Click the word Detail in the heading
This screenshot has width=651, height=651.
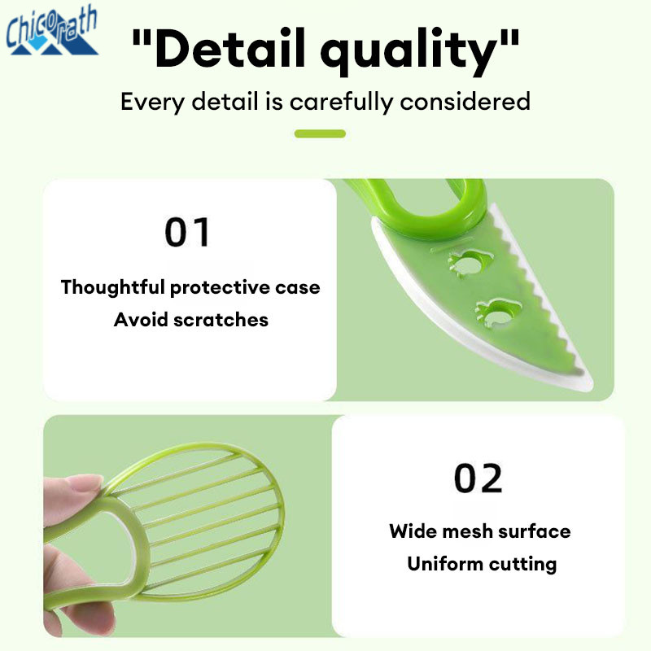pos(230,48)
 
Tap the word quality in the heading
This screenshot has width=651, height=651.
pos(409,51)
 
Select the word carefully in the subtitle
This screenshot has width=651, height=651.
pos(341,102)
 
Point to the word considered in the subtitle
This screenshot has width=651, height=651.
pos(465,101)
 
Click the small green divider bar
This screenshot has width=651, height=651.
pos(320,133)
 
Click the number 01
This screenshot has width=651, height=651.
pos(187,232)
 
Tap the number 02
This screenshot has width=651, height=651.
pos(478,478)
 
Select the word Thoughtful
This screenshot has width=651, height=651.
pos(113,287)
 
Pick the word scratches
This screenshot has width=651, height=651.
pos(221,320)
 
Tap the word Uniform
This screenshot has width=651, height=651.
pos(445,564)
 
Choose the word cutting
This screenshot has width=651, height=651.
pos(522,565)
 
